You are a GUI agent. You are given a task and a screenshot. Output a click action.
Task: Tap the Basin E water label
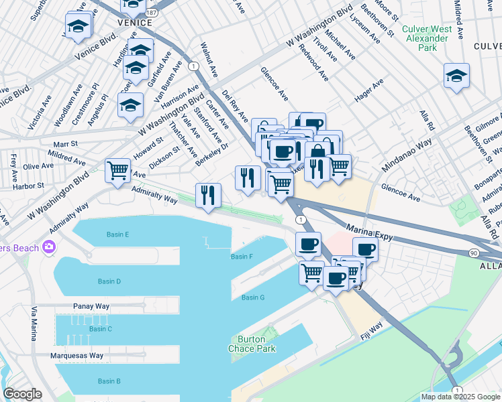click(x=117, y=234)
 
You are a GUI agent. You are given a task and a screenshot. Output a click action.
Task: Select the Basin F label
click(x=242, y=257)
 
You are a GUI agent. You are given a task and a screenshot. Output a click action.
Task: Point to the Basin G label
click(x=253, y=297)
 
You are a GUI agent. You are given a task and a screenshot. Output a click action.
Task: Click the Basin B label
click(x=109, y=381)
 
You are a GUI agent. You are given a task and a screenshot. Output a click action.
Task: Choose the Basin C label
click(x=100, y=329)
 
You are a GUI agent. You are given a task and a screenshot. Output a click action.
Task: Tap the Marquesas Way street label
click(x=77, y=356)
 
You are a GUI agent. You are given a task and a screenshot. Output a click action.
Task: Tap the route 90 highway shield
click(x=474, y=253)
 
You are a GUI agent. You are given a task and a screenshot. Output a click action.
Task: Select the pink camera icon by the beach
click(x=48, y=247)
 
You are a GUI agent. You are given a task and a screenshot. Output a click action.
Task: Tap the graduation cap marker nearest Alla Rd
click(x=456, y=76)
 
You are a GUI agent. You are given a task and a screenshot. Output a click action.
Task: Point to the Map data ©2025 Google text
click(x=460, y=397)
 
